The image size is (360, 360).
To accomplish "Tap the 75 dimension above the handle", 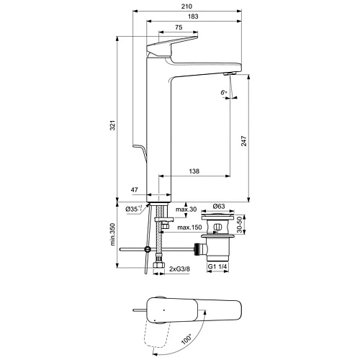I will (x=178, y=27).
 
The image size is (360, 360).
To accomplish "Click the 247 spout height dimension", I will (x=243, y=145).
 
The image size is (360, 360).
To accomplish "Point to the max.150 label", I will (x=189, y=228).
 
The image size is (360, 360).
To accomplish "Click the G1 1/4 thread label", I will (x=217, y=267).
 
